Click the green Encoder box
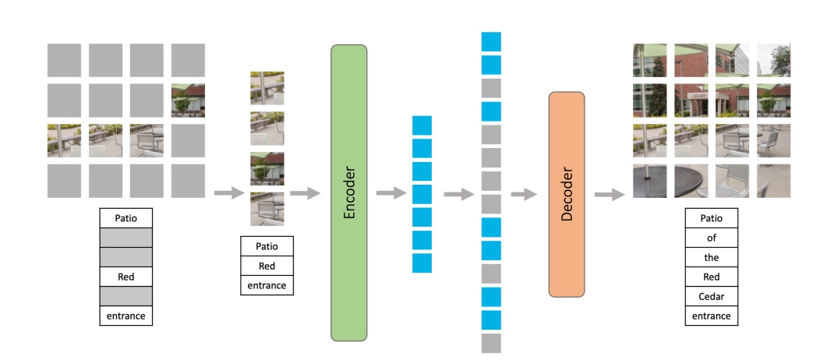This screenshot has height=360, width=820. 348,192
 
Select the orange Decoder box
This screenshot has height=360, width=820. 567,194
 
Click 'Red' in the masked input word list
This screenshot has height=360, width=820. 126,276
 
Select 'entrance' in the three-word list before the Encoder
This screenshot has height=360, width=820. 267,286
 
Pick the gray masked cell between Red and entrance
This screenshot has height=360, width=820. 126,296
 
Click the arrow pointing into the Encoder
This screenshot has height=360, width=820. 305,193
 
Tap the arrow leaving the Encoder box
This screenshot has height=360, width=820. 391,193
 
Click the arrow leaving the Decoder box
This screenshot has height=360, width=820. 609,194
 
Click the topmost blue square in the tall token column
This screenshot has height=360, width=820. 491,41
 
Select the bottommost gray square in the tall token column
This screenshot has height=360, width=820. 491,343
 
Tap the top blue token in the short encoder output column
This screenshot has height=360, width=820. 422,125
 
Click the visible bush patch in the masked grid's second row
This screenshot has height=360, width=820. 188,101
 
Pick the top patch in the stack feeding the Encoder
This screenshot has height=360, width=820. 267,88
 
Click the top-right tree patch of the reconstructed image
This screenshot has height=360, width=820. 773,60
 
